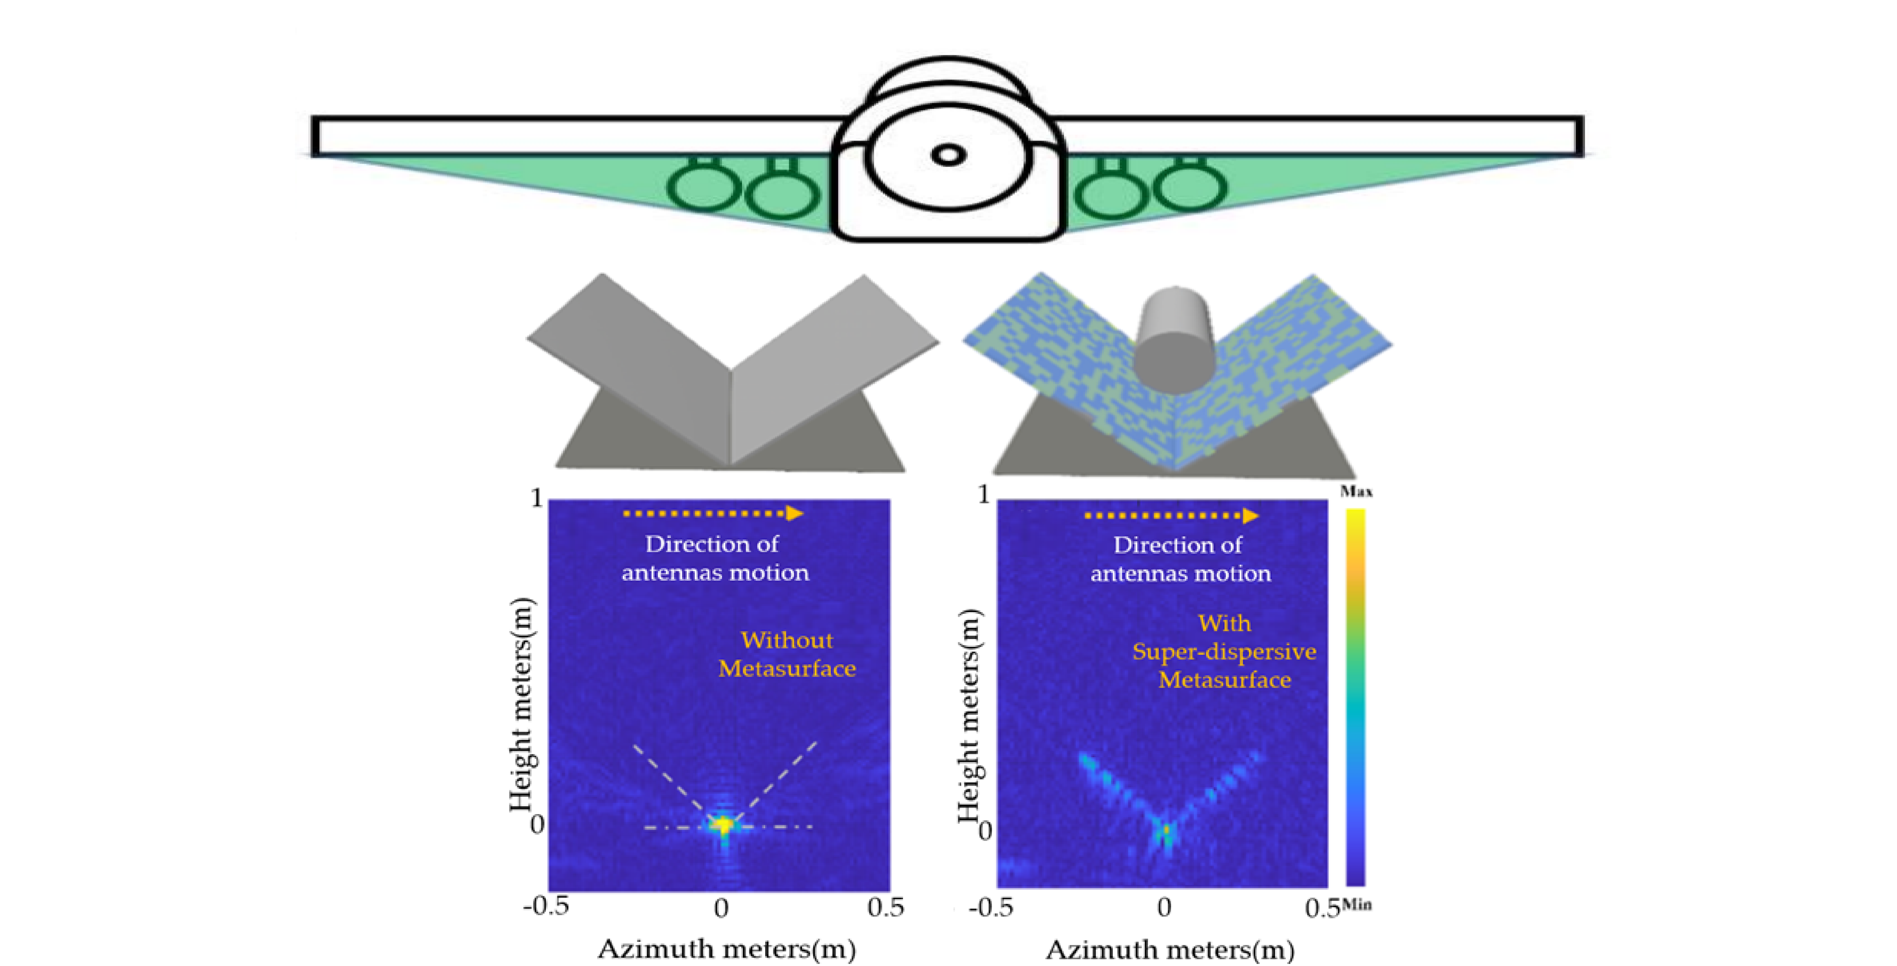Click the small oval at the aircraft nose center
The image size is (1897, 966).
(948, 155)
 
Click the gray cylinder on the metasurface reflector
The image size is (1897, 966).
(1174, 340)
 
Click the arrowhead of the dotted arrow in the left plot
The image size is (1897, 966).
(794, 513)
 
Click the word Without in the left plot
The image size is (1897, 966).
(787, 640)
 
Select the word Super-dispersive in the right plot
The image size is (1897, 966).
(1224, 651)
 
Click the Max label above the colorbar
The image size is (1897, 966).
(1356, 491)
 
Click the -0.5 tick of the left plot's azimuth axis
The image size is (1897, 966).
(546, 906)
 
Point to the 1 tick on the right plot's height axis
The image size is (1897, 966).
(984, 494)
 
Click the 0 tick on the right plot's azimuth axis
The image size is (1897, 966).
(1164, 907)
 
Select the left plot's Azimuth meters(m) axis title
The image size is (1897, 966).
(726, 948)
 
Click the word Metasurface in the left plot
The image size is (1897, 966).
(787, 668)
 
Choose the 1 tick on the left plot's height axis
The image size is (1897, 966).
(537, 498)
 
